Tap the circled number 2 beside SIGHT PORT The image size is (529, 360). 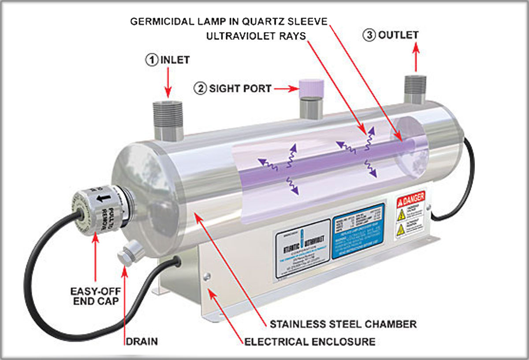[x=200, y=88]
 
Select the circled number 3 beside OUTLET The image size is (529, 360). [x=369, y=35]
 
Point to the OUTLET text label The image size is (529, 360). [x=398, y=35]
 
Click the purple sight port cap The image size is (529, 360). [x=311, y=88]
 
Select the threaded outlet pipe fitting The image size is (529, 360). [x=415, y=89]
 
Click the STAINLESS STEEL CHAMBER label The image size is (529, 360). [x=343, y=324]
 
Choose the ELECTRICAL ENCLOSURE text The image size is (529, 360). [x=310, y=341]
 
